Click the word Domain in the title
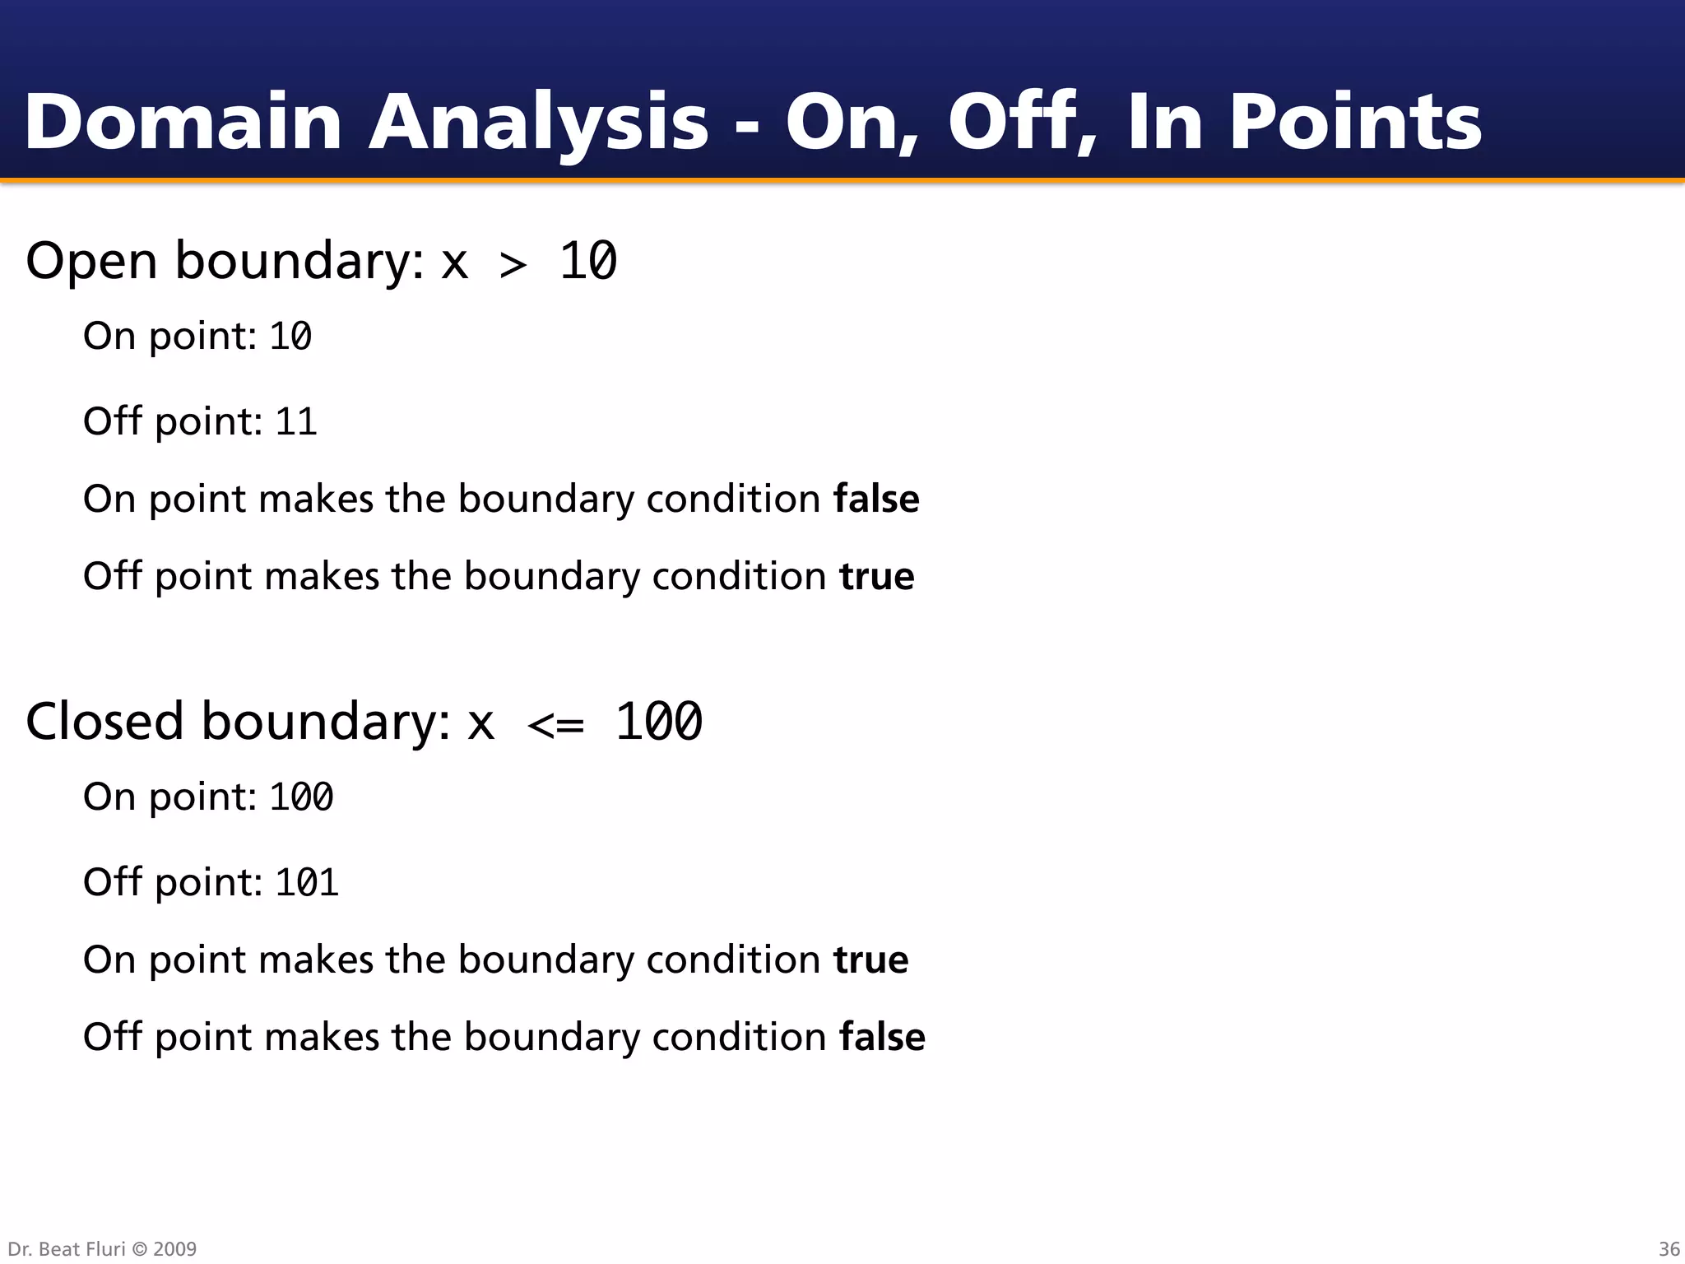pyautogui.click(x=183, y=122)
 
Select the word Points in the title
pyautogui.click(x=1355, y=122)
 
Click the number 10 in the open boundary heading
pyautogui.click(x=587, y=262)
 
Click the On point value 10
pyautogui.click(x=290, y=337)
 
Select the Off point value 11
pyautogui.click(x=295, y=422)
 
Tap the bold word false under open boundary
pyautogui.click(x=875, y=499)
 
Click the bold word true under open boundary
pyautogui.click(x=876, y=576)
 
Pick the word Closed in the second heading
pyautogui.click(x=104, y=722)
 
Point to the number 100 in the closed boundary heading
pyautogui.click(x=658, y=723)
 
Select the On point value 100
pyautogui.click(x=301, y=797)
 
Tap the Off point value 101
pyautogui.click(x=306, y=883)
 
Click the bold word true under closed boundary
pyautogui.click(x=870, y=960)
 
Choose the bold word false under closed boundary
pyautogui.click(x=882, y=1037)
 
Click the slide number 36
pyautogui.click(x=1669, y=1249)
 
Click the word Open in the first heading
pyautogui.click(x=91, y=262)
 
